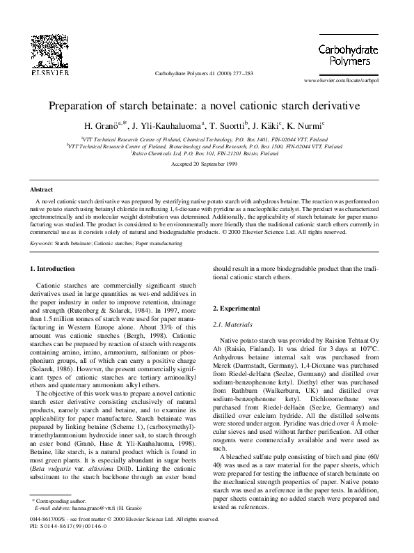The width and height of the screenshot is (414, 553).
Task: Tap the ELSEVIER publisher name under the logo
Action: (45, 71)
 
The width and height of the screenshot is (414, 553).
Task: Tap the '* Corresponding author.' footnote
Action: (60, 520)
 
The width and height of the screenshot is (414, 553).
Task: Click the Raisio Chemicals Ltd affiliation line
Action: (207, 153)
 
